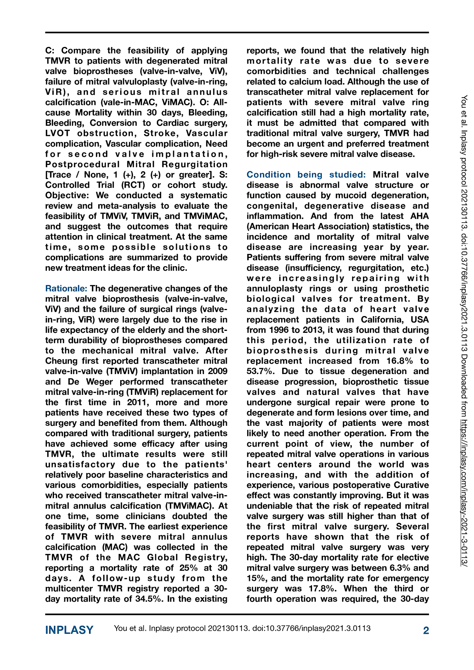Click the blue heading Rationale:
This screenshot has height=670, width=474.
click(x=66, y=288)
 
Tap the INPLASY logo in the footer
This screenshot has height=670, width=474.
click(x=69, y=630)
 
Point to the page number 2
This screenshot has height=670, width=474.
click(x=426, y=630)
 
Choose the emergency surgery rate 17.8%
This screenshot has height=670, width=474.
click(x=323, y=588)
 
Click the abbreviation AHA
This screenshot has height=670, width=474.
click(x=419, y=216)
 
